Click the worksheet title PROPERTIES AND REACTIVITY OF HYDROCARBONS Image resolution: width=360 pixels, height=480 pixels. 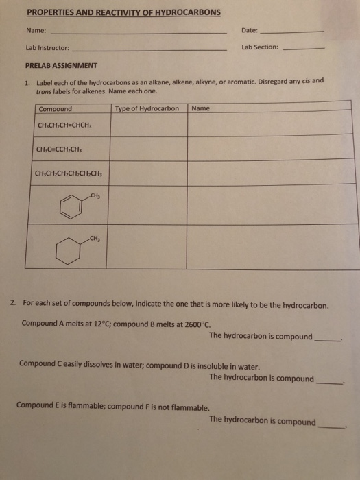coord(123,13)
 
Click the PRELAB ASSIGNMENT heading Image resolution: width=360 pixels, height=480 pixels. coord(61,66)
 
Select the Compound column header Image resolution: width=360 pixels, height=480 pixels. coord(56,109)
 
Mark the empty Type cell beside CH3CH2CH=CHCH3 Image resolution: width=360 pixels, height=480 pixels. coord(148,127)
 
